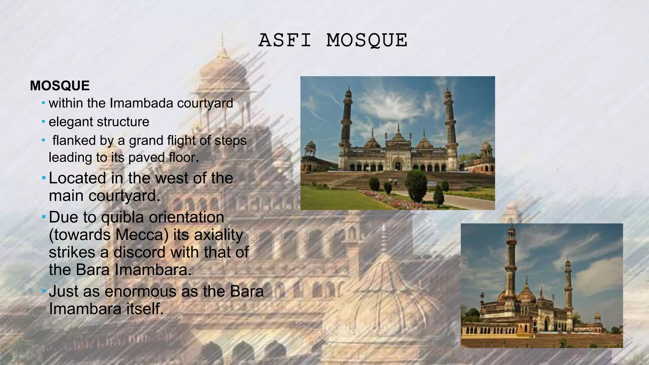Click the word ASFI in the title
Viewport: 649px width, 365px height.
coord(285,41)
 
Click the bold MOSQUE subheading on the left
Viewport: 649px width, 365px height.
coord(60,86)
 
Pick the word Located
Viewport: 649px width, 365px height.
coord(77,178)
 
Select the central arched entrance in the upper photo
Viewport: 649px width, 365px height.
coord(397,165)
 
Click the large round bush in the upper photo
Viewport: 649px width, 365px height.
coord(416,185)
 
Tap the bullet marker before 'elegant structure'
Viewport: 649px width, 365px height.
coord(43,122)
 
